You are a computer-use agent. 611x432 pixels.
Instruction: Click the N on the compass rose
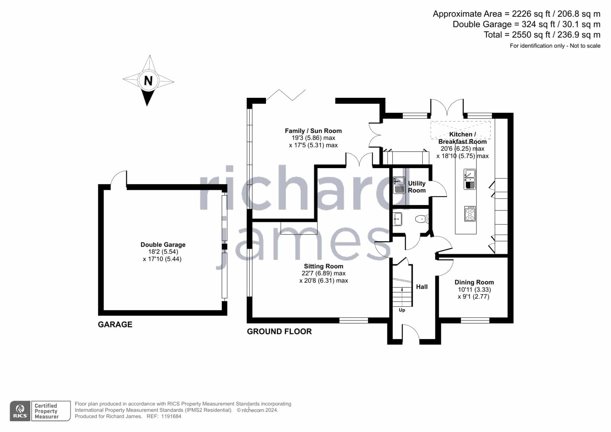(148, 81)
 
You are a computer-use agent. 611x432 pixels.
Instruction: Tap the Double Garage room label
(163, 244)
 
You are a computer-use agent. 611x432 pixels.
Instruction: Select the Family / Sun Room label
(313, 131)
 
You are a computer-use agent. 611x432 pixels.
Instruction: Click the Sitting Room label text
(324, 266)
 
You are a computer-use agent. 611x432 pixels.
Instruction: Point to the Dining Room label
(474, 282)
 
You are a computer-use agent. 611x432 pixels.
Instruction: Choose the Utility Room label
(417, 187)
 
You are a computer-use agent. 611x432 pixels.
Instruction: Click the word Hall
(422, 286)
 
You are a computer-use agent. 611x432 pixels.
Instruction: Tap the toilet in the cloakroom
(422, 219)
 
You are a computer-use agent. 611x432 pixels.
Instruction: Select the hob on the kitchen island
(470, 214)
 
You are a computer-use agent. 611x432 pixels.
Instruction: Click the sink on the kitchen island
(470, 179)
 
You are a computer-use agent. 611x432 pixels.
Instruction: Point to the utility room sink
(399, 185)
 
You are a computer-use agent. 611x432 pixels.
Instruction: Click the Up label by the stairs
(402, 310)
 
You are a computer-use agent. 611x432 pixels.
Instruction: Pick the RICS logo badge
(20, 411)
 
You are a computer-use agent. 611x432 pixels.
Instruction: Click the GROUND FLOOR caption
(279, 332)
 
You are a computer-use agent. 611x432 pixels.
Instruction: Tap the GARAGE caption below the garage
(115, 324)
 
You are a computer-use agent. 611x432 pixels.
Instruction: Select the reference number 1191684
(171, 416)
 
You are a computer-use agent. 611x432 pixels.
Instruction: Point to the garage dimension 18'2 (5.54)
(163, 252)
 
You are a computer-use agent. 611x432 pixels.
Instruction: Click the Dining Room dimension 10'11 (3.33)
(474, 290)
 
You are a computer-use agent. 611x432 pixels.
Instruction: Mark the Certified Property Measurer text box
(51, 411)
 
